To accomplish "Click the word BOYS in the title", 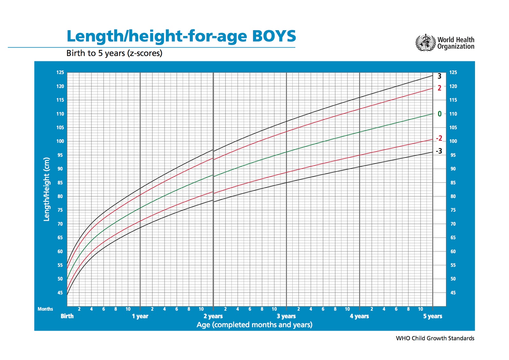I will coord(274,36).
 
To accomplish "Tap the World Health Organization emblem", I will coord(425,43).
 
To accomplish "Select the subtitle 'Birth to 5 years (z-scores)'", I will coord(114,53).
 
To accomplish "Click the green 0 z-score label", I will coord(439,114).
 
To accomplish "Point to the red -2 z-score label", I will coord(439,138).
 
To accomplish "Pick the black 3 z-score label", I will coord(439,76).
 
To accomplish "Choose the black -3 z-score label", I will coord(439,151).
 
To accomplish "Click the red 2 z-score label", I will coord(439,88).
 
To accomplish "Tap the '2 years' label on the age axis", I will coord(213,316).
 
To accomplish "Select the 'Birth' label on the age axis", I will coord(67,316).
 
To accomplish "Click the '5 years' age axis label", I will coord(433,316).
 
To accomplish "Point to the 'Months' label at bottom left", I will coord(45,309).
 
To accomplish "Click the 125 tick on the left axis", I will coord(60,73).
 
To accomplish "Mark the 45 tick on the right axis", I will coord(453,293).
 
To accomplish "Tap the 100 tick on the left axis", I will coord(60,141).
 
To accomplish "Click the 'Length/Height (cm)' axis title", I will coord(47,189).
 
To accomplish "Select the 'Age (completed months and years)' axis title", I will coord(254,325).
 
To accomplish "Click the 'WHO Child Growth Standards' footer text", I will coord(435,338).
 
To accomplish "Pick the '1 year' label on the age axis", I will coord(140,316).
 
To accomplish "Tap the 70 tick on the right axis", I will coord(453,224).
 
